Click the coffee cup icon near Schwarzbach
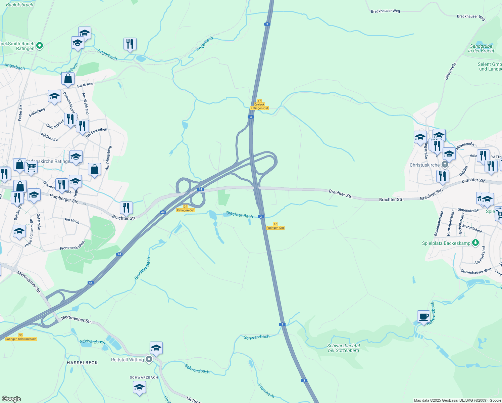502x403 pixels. coord(424,316)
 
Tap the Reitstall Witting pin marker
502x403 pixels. coord(149,360)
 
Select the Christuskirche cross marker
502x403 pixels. coord(445,165)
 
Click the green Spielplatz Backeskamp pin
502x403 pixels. coord(475,243)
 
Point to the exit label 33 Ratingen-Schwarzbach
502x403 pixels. coord(21,337)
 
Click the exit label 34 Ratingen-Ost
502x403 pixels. coord(186,209)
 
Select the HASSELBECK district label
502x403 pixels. coord(82,363)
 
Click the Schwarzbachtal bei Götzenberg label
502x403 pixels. coord(343,348)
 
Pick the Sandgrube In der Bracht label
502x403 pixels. coord(481,49)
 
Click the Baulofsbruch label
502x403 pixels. coord(19,5)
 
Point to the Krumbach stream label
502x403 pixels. coord(266,391)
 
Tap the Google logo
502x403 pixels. coord(11,399)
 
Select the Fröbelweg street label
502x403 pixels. coord(37,112)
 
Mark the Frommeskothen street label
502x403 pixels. coord(72,245)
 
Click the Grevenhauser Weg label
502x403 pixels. coord(476,271)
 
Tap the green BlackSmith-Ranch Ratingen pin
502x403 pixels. coord(40,45)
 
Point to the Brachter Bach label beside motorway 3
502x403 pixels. coord(240,215)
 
